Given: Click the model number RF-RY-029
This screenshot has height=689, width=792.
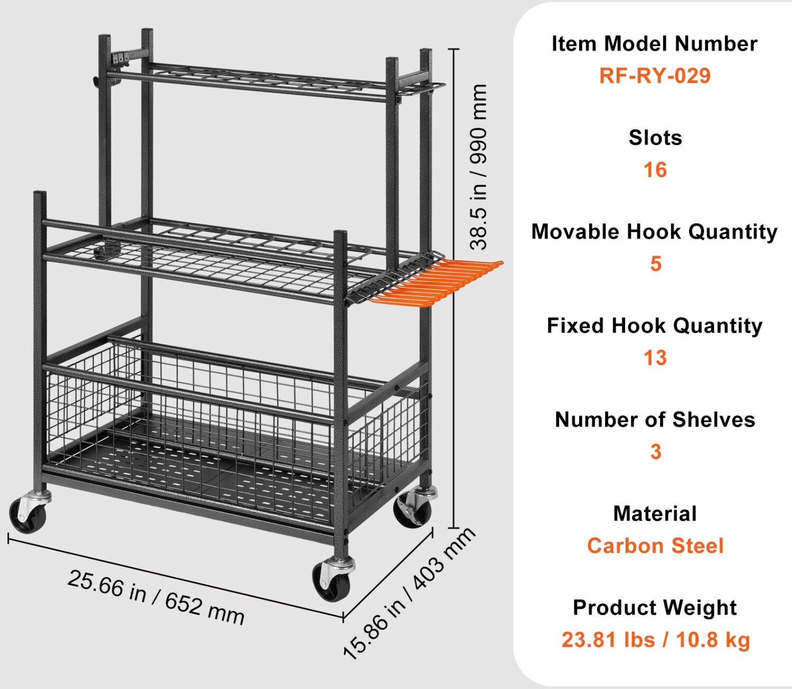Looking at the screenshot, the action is (655, 76).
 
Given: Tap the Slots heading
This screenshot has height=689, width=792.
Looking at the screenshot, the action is (655, 138).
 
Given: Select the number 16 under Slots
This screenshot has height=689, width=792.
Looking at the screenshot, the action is (655, 170).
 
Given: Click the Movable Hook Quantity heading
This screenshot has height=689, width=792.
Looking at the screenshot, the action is (655, 232).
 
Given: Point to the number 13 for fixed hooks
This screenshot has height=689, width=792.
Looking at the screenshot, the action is (655, 358).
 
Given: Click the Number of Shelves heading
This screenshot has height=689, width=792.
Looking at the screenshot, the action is (655, 420).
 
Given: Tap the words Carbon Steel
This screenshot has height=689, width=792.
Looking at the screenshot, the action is (655, 546).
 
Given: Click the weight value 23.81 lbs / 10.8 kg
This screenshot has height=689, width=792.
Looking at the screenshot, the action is (655, 640).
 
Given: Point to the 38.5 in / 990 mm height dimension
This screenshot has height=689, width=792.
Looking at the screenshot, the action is (478, 166).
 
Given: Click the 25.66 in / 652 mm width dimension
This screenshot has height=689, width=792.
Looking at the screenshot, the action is (156, 597).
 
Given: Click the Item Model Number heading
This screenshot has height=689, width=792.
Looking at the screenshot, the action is (655, 44).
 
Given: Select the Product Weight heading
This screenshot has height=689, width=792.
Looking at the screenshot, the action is (655, 608).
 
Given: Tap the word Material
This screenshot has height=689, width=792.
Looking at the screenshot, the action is (655, 514).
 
